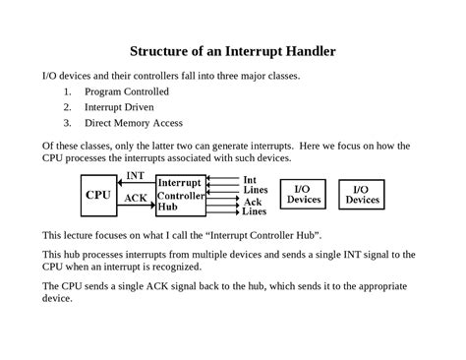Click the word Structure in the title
coord(166,52)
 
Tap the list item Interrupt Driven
coord(119,107)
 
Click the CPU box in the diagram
coord(98,195)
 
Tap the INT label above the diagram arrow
coord(136,178)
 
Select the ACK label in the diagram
coord(136,198)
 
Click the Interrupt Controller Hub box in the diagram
coord(180,196)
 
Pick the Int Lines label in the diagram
coord(254,184)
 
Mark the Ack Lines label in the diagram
coord(254,207)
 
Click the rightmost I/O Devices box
coord(362,194)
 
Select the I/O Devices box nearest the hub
coord(304,194)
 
